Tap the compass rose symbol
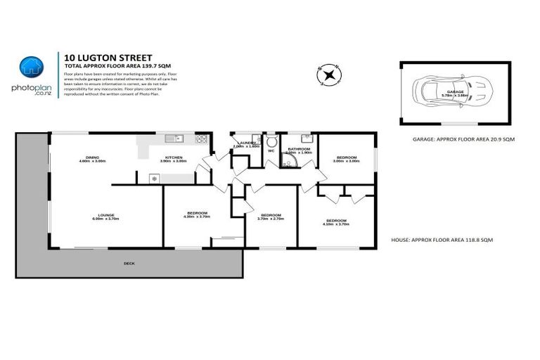click(x=328, y=74)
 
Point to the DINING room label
click(x=92, y=158)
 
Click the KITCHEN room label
click(x=174, y=158)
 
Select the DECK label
click(x=129, y=263)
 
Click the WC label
click(x=271, y=150)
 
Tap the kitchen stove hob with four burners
click(x=202, y=139)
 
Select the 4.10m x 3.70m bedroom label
click(x=334, y=221)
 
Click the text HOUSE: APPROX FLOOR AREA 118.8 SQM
click(x=442, y=240)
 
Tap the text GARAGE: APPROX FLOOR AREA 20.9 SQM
click(x=464, y=140)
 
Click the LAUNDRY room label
click(x=247, y=144)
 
